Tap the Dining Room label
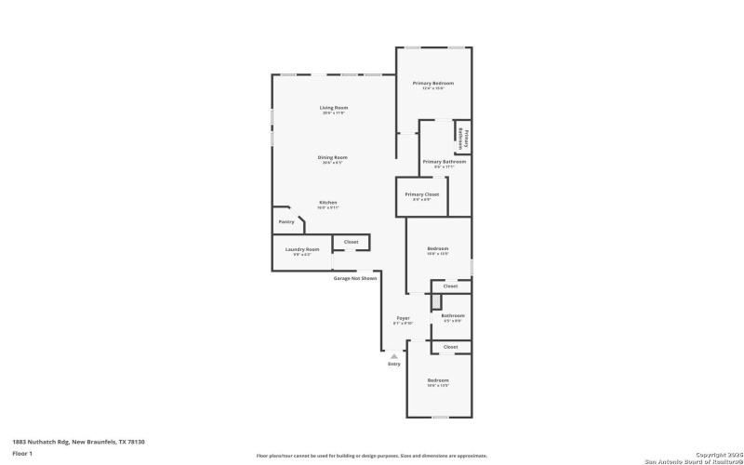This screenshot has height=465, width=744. (x=332, y=157)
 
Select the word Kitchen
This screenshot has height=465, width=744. (x=328, y=202)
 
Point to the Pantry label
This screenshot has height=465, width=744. (x=286, y=221)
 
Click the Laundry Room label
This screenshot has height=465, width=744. (x=302, y=249)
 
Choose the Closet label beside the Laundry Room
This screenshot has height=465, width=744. (x=351, y=242)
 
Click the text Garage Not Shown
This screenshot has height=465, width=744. (x=355, y=278)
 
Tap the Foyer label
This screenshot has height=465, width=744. (x=403, y=318)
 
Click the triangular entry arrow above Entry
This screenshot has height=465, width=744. (x=393, y=355)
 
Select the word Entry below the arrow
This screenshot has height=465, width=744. (x=393, y=365)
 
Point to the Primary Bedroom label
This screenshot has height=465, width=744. (x=432, y=84)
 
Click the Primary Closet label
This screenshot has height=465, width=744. (x=421, y=194)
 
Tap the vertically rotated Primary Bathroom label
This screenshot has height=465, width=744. (x=460, y=138)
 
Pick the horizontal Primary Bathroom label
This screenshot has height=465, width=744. (x=444, y=162)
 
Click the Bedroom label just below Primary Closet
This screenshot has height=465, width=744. (x=437, y=248)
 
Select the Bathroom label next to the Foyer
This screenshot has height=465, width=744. (x=452, y=315)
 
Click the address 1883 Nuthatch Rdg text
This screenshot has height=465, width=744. (x=78, y=442)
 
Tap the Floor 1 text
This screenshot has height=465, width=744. (x=22, y=453)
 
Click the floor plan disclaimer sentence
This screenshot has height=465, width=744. (x=372, y=456)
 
